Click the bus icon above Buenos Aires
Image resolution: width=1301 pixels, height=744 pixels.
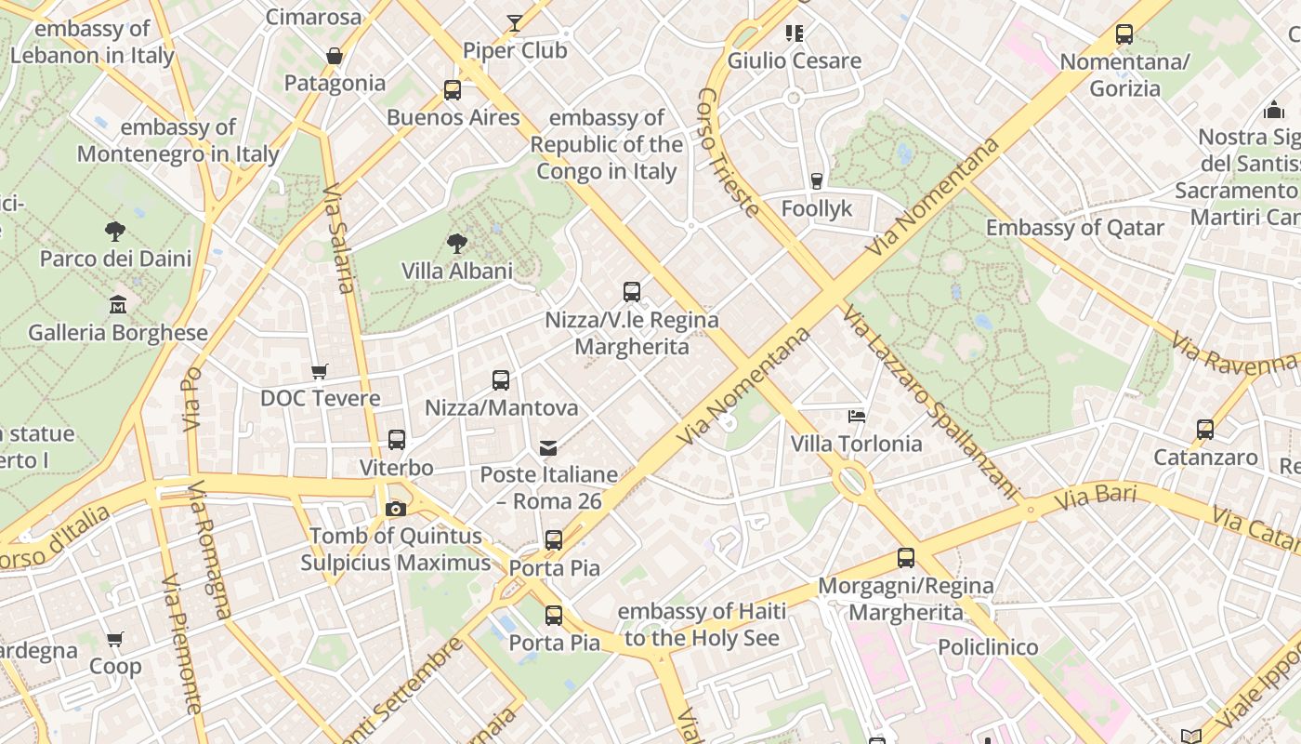452,90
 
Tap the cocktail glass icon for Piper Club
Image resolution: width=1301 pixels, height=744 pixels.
514,23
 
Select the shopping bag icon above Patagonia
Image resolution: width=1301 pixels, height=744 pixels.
335,57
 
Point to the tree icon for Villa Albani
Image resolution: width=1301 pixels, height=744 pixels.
456,244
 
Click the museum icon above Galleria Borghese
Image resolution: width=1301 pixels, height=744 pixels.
118,305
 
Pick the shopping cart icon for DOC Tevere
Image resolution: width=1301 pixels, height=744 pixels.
320,372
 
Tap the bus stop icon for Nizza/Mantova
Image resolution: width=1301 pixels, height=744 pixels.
501,380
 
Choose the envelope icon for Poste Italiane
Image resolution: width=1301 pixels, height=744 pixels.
548,448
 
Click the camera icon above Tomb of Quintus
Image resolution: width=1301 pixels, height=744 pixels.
396,509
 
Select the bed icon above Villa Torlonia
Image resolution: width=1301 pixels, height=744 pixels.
857,417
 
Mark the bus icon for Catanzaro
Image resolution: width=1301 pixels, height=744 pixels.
1205,430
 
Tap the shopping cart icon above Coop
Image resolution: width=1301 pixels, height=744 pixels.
115,640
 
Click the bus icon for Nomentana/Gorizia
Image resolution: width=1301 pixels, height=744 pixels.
1124,35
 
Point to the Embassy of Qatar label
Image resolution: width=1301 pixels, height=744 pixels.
1074,228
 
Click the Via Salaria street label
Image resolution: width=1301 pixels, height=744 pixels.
339,239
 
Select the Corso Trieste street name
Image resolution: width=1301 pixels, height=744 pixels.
728,153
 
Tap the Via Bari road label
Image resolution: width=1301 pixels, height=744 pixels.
1097,497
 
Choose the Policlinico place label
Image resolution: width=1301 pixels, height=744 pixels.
988,647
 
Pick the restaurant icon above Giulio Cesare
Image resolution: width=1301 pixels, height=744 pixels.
794,33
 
